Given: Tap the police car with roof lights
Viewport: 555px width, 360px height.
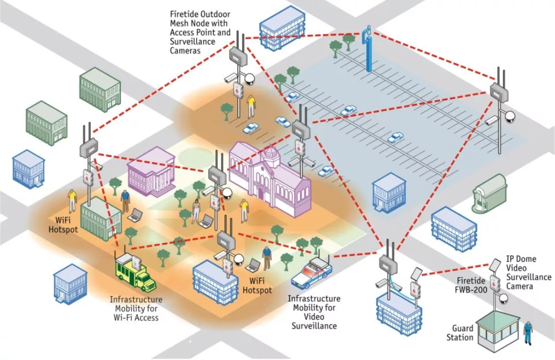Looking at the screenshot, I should click(312, 273).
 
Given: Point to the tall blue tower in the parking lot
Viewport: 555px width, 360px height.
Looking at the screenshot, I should click(368, 50).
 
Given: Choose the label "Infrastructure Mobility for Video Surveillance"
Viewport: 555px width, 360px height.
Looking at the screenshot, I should click(314, 312).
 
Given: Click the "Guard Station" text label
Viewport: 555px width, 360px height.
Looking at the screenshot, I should click(460, 333).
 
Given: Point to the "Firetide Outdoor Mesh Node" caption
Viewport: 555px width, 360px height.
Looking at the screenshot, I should click(200, 32).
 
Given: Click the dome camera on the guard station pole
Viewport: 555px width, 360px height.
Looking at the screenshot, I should click(504, 299).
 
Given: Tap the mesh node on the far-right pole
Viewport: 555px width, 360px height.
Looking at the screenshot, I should click(499, 90).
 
